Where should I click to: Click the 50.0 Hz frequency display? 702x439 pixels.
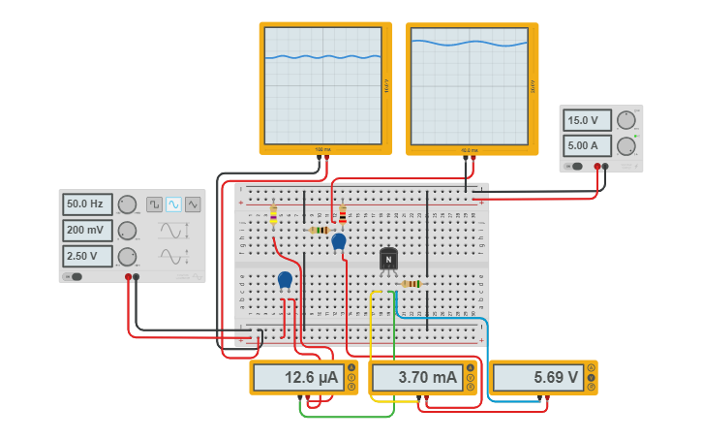(x=87, y=204)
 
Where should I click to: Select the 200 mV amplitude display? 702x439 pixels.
(x=87, y=231)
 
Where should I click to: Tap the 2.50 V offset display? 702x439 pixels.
(x=87, y=257)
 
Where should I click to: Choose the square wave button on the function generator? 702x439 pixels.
(x=154, y=204)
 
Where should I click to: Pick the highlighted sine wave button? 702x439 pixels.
(x=173, y=204)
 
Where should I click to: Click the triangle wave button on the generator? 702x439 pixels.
(x=193, y=204)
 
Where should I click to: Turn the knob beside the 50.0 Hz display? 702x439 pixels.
(x=127, y=204)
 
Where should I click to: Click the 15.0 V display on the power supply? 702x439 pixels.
(x=588, y=120)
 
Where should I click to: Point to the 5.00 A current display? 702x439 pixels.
(x=588, y=146)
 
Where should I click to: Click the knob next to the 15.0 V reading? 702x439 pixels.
(x=626, y=120)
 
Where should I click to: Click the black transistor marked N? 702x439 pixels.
(x=388, y=260)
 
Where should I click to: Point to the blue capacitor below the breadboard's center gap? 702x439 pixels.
(x=285, y=280)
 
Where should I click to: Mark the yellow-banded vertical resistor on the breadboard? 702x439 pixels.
(x=273, y=215)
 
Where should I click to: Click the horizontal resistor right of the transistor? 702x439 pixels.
(x=411, y=284)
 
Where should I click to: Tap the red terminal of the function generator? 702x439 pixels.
(x=128, y=277)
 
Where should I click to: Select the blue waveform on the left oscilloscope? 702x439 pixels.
(x=324, y=57)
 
